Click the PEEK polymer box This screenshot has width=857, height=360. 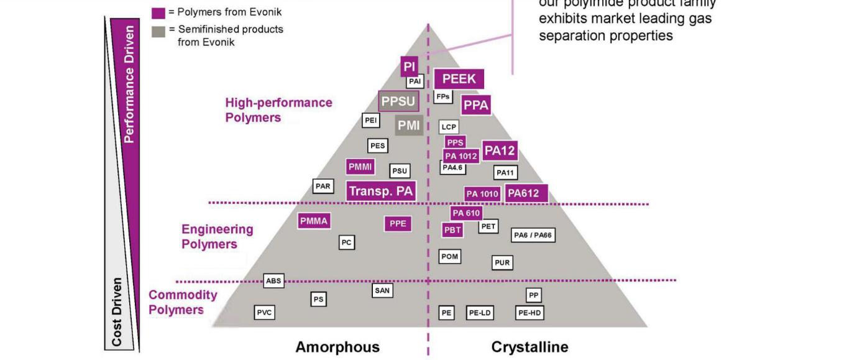point(459,79)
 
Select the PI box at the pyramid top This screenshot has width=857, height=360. point(409,67)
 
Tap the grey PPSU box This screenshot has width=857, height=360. point(398,101)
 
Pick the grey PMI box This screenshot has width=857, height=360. point(409,126)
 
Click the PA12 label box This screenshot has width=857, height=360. point(500,150)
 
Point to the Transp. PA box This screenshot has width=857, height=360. point(381,191)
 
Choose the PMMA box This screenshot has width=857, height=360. point(313,221)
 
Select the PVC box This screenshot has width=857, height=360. point(264,313)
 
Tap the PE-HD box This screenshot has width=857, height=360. point(529,313)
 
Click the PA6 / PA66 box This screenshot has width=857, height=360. point(533,235)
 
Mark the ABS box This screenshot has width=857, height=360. point(273,281)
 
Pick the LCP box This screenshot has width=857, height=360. point(449,127)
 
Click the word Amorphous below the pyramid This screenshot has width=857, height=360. point(337,347)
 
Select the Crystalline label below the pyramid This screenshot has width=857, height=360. point(529,347)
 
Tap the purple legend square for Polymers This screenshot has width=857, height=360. point(158,12)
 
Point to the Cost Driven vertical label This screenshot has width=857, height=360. point(117,312)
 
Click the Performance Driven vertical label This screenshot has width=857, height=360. point(129,84)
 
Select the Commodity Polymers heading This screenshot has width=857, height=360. point(183,302)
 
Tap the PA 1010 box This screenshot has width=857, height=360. point(482,194)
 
